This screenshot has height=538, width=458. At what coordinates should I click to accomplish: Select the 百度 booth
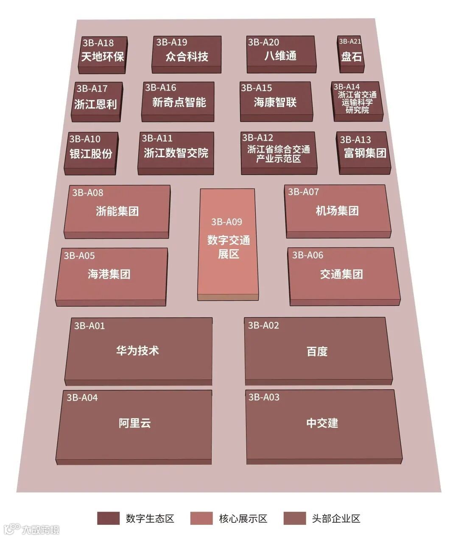coord(317,351)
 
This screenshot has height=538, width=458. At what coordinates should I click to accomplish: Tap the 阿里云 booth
coord(134,423)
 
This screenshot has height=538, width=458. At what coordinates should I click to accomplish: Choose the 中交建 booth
coord(322,423)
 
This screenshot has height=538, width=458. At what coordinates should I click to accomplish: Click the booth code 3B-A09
coord(227,222)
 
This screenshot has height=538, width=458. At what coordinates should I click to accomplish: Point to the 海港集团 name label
coord(109,274)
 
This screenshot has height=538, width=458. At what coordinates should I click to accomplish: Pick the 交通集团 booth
coord(342,274)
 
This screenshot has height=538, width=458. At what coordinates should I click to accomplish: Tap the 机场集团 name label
coord(337,211)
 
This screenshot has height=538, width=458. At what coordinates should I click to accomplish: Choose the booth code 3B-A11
coord(157,138)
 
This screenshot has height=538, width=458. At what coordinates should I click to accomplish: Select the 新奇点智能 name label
coord(179,102)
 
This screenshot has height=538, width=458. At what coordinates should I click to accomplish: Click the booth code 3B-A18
coord(98,43)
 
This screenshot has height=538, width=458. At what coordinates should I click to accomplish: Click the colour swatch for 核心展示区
coord(201,518)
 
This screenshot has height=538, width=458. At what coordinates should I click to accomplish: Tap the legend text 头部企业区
coord(336,518)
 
